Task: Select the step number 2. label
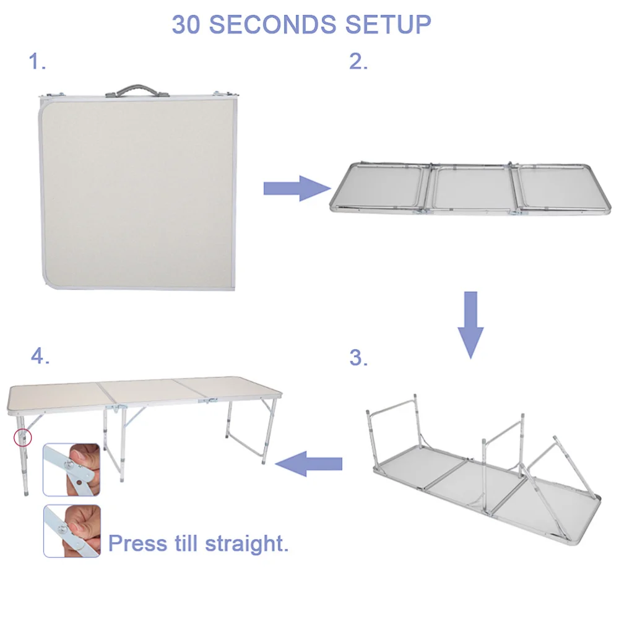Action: click(358, 61)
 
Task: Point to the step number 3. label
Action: click(358, 358)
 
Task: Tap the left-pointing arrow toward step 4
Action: click(309, 463)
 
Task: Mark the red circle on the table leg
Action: click(22, 438)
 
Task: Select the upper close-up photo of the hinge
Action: click(72, 469)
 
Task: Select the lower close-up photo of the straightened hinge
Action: click(72, 530)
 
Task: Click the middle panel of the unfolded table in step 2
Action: click(472, 188)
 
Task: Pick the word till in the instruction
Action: click(186, 544)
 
